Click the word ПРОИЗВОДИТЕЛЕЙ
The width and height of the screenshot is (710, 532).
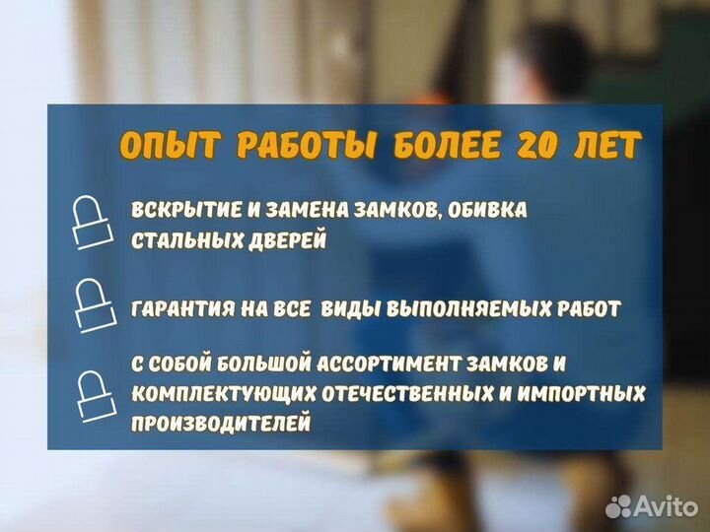[x=221, y=424]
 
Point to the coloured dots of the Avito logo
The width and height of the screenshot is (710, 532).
[x=619, y=505]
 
